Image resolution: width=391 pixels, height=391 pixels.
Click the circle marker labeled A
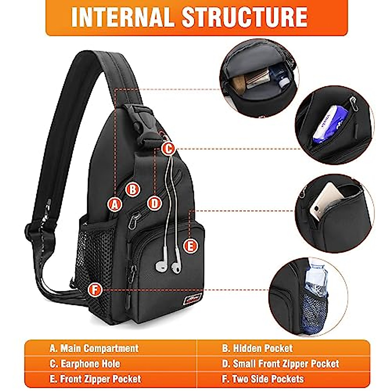(x=114, y=204)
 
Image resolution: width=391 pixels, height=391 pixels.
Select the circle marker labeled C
(x=168, y=149)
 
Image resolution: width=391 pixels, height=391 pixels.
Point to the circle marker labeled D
(x=154, y=203)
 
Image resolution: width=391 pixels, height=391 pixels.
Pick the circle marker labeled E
(x=191, y=246)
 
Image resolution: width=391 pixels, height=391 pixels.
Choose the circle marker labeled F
(x=95, y=289)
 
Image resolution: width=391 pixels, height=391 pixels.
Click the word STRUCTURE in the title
(x=245, y=17)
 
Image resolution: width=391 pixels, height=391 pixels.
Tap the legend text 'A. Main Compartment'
(x=94, y=348)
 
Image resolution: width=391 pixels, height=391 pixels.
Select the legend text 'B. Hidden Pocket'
(x=257, y=348)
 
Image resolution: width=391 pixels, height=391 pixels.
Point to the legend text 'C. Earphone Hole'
(x=85, y=364)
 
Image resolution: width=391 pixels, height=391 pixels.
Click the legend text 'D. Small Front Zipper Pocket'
(x=281, y=364)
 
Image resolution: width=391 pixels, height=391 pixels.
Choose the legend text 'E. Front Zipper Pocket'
(x=95, y=379)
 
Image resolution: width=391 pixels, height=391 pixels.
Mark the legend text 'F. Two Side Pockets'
(x=263, y=379)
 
